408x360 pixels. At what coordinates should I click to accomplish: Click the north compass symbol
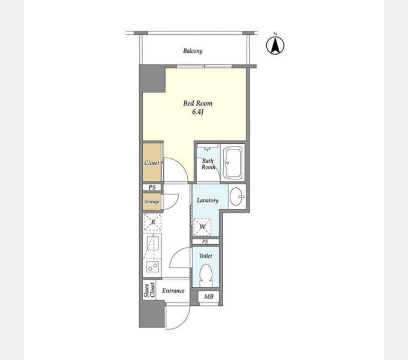(275, 45)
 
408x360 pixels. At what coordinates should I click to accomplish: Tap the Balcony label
(193, 51)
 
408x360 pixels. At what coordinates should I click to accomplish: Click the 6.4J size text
(197, 112)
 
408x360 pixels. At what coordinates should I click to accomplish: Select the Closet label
(152, 163)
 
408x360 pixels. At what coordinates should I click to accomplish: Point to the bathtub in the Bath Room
(233, 163)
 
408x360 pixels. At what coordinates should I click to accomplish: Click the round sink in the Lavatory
(236, 196)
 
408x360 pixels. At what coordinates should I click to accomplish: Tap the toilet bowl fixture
(206, 275)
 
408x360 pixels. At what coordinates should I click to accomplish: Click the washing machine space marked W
(202, 227)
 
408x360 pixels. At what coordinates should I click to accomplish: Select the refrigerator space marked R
(153, 222)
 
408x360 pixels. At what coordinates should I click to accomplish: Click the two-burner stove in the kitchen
(152, 267)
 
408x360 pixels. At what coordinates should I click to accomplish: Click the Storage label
(152, 202)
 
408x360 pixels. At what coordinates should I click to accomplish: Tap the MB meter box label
(209, 296)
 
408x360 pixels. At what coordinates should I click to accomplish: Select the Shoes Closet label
(149, 290)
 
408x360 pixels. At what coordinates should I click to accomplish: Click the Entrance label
(173, 290)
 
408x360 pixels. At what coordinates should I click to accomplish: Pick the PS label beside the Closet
(152, 187)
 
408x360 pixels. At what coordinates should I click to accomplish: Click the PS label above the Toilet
(205, 242)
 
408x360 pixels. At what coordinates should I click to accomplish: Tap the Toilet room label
(206, 256)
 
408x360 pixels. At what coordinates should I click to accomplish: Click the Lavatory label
(208, 200)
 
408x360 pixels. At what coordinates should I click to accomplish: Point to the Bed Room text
(198, 103)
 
